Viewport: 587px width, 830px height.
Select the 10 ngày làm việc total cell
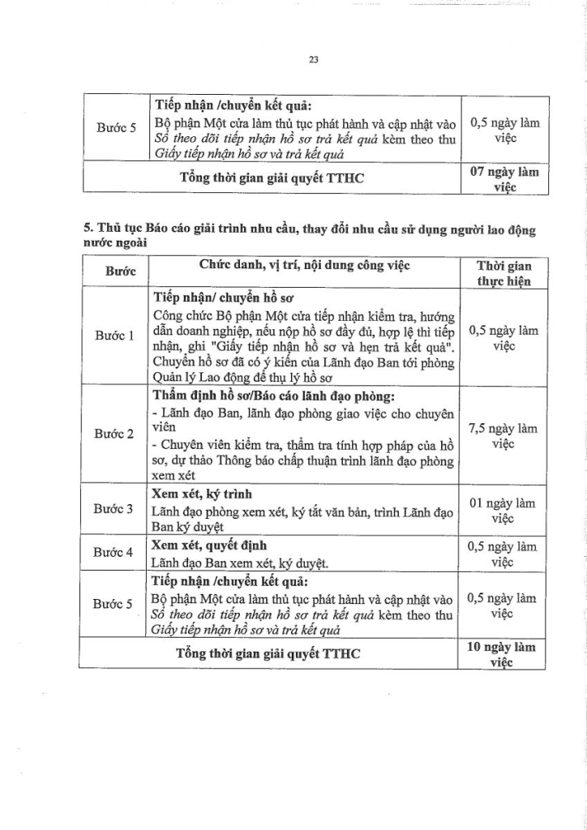click(503, 654)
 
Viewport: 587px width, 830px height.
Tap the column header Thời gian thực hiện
click(503, 274)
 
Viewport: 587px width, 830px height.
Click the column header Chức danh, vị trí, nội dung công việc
click(304, 266)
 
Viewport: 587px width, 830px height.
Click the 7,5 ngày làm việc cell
click(503, 435)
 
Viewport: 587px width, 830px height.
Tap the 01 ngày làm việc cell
click(503, 510)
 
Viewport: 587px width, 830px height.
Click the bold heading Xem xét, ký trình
click(202, 493)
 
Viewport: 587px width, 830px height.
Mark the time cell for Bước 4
click(503, 554)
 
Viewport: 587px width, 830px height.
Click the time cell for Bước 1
click(503, 338)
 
